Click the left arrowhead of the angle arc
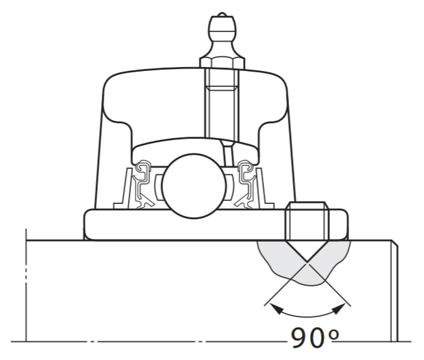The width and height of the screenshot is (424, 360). click(274, 308)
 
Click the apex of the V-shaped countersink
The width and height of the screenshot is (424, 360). click(308, 262)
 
